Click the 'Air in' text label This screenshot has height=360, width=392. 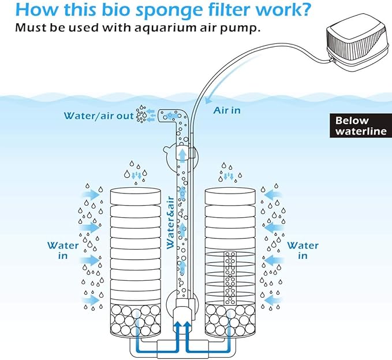[x=227, y=110]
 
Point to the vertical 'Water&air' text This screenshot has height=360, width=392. [x=171, y=222]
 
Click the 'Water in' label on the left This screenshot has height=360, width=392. [x=63, y=250]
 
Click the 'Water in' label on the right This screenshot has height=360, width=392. [x=303, y=250]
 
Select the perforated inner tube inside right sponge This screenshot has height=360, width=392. [x=230, y=277]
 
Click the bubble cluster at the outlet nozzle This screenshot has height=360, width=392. [x=141, y=114]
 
